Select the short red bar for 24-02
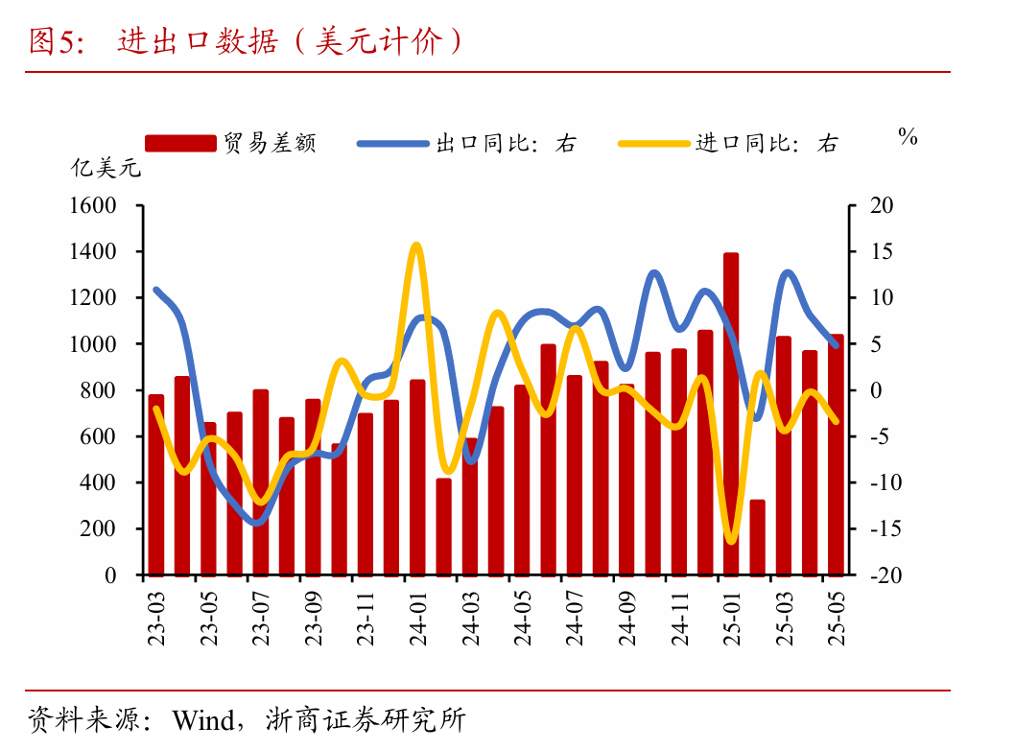[x=443, y=527]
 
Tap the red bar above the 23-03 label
[x=155, y=484]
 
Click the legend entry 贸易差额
[x=230, y=144]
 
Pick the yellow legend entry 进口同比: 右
[x=729, y=144]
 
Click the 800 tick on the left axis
[x=98, y=390]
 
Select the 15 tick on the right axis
[x=881, y=252]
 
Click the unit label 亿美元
[x=106, y=170]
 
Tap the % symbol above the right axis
[x=908, y=137]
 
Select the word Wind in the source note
[x=202, y=719]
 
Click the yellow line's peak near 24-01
[x=416, y=246]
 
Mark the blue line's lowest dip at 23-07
[x=257, y=523]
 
